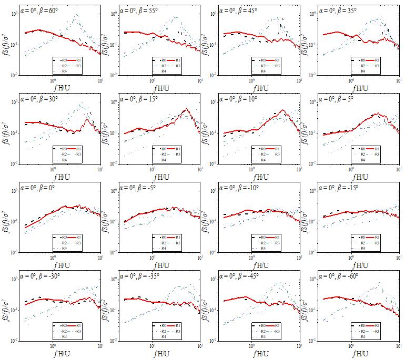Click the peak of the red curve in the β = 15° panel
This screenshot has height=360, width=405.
(186, 109)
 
